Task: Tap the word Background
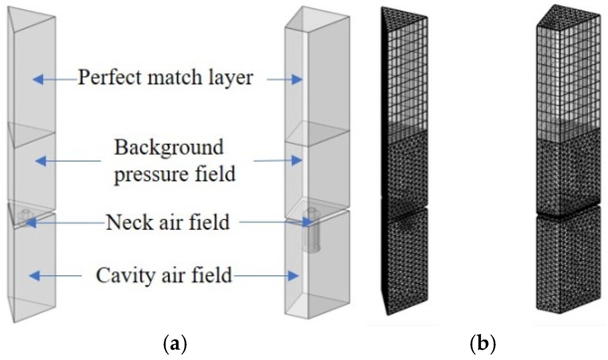[x=169, y=147]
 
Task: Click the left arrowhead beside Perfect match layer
[x=38, y=79]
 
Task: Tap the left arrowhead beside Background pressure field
[x=40, y=161]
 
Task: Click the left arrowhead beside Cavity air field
[x=34, y=276]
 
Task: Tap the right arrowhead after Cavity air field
[x=293, y=276]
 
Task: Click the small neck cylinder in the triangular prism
[x=24, y=215]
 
